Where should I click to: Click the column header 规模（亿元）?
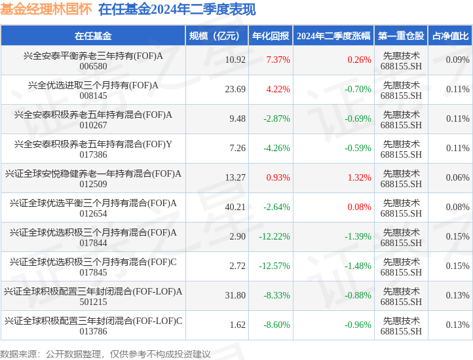point(216,36)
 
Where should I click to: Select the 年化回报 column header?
point(270,36)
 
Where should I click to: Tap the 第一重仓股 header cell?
point(401,36)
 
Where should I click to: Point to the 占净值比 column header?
point(450,36)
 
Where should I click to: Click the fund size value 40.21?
point(235,207)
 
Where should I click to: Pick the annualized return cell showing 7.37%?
point(278,60)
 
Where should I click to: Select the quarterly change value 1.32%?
point(359,178)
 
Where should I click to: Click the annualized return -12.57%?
point(274,266)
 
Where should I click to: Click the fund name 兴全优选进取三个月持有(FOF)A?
point(93,84)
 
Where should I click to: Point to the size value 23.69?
point(235,90)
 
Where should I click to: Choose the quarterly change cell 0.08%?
point(359,207)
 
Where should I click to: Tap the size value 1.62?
point(237,325)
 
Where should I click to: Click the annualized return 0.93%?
point(278,178)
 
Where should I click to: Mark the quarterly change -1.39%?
point(358,237)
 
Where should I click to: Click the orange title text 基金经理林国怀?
point(45,10)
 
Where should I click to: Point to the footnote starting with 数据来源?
point(105,354)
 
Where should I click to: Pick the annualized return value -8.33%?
point(276,296)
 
